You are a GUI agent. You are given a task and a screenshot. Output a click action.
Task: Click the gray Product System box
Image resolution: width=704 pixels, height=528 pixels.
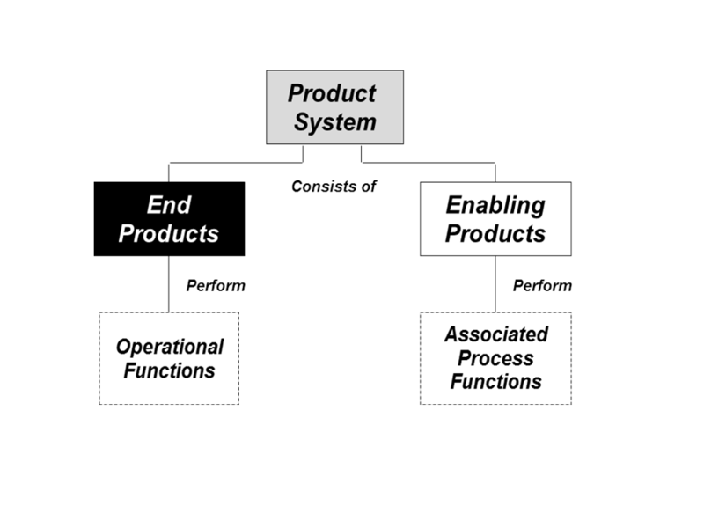click(x=335, y=107)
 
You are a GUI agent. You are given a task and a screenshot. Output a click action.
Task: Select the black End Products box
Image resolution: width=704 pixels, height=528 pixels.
click(x=169, y=219)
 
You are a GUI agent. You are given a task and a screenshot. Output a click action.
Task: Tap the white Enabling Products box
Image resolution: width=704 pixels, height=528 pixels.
click(x=495, y=219)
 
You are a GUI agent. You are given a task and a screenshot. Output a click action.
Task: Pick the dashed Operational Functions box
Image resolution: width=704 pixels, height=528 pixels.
click(x=169, y=358)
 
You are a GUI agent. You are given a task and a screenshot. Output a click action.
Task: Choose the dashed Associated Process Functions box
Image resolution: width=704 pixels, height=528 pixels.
click(x=495, y=358)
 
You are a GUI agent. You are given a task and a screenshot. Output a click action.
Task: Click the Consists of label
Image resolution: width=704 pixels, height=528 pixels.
click(x=334, y=187)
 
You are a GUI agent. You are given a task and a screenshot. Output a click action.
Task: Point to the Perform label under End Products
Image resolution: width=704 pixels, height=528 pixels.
click(x=216, y=285)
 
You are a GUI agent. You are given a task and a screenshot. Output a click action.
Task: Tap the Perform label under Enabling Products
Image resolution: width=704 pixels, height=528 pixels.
click(x=542, y=285)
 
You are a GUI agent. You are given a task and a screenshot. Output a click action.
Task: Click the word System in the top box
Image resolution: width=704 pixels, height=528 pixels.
click(x=335, y=122)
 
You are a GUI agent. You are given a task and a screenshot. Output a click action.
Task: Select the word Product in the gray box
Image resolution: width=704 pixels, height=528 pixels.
click(x=332, y=93)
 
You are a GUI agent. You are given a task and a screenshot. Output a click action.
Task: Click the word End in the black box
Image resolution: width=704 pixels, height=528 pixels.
click(x=169, y=205)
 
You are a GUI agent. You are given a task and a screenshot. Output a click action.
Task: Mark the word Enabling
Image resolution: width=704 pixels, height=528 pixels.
click(x=495, y=206)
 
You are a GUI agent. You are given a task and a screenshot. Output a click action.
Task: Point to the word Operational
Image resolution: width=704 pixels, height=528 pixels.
click(x=170, y=347)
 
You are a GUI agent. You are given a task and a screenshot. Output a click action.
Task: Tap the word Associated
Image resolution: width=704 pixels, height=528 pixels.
click(x=496, y=334)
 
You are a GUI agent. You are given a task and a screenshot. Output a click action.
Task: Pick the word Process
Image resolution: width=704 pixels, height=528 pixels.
click(x=495, y=358)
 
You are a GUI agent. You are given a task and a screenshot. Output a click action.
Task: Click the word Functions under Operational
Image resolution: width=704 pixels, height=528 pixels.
click(x=169, y=370)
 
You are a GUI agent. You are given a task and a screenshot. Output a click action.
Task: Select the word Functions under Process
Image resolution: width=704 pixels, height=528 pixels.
click(x=496, y=382)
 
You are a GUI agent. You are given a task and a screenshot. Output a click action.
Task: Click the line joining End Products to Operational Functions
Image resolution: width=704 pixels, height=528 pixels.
click(x=169, y=284)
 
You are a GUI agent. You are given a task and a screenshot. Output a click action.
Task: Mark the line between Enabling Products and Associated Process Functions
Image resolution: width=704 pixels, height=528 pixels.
click(x=495, y=284)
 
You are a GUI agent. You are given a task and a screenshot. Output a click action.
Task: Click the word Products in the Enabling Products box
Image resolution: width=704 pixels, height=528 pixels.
click(x=495, y=234)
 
